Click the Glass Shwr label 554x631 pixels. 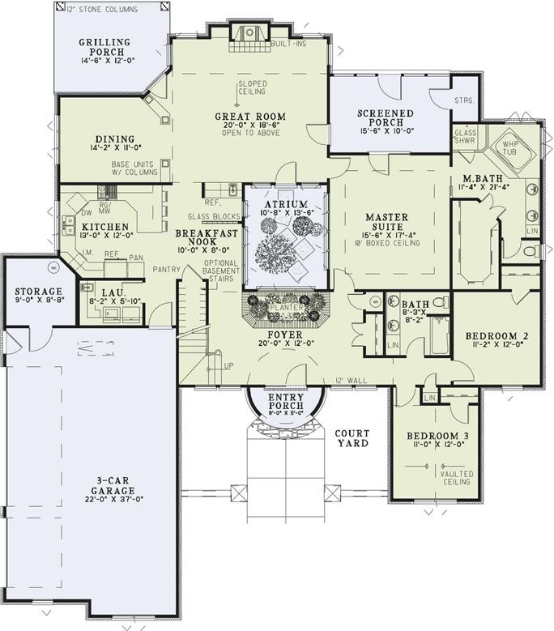pyautogui.click(x=465, y=134)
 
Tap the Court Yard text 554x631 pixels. pyautogui.click(x=352, y=438)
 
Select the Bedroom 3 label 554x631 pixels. pyautogui.click(x=435, y=437)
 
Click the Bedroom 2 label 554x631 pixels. pyautogui.click(x=494, y=335)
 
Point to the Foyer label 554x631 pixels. pyautogui.click(x=287, y=333)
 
